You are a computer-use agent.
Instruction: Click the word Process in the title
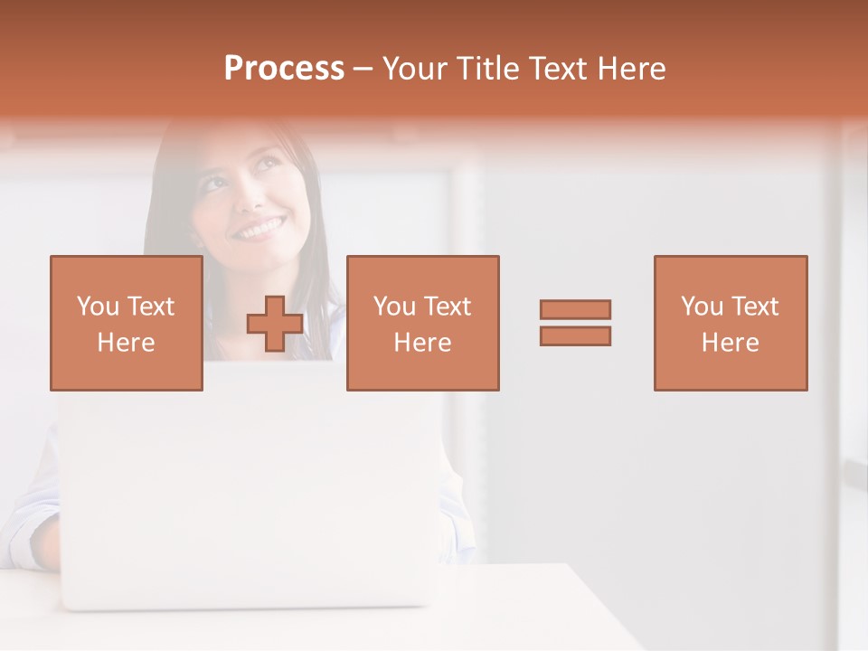pyautogui.click(x=284, y=69)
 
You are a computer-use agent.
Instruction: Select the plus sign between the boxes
pyautogui.click(x=275, y=324)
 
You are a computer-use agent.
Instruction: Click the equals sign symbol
pyautogui.click(x=575, y=323)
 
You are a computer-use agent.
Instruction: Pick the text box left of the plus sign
pyautogui.click(x=127, y=323)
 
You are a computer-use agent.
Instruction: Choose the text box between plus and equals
pyautogui.click(x=422, y=323)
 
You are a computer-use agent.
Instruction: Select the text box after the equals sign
pyautogui.click(x=731, y=323)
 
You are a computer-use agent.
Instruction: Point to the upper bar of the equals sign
pyautogui.click(x=575, y=310)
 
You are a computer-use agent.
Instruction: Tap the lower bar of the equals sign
pyautogui.click(x=575, y=335)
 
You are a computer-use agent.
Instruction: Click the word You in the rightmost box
pyautogui.click(x=702, y=307)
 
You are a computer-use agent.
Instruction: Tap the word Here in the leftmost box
pyautogui.click(x=127, y=342)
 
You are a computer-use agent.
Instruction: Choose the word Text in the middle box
pyautogui.click(x=447, y=307)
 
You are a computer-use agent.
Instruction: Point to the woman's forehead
pyautogui.click(x=222, y=149)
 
